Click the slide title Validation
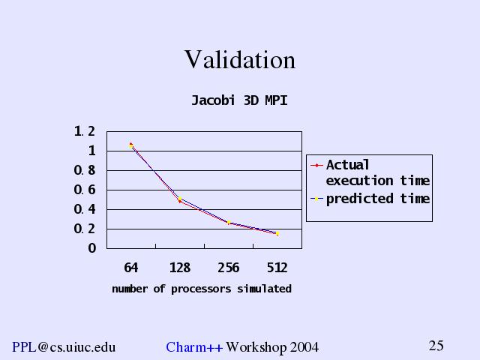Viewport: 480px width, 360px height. pyautogui.click(x=240, y=60)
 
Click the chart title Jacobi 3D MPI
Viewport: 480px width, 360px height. pyautogui.click(x=239, y=100)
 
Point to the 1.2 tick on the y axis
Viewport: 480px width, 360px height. pyautogui.click(x=85, y=132)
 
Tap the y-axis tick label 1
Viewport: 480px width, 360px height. pyautogui.click(x=91, y=151)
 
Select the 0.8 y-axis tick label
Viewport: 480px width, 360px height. pyautogui.click(x=85, y=170)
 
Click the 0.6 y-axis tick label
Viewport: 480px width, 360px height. pyautogui.click(x=85, y=190)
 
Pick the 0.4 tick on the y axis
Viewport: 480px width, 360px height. pyautogui.click(x=85, y=209)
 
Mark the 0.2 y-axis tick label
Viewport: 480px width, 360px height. pyautogui.click(x=85, y=229)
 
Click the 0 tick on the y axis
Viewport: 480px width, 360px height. pyautogui.click(x=91, y=248)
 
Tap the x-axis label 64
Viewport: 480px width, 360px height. pyautogui.click(x=131, y=268)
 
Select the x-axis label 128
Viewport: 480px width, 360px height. pyautogui.click(x=180, y=268)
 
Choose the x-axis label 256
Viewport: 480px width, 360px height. pyautogui.click(x=228, y=268)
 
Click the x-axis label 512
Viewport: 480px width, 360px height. pyautogui.click(x=277, y=268)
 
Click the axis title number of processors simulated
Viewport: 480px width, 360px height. pyautogui.click(x=201, y=289)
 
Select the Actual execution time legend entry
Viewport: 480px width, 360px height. pyautogui.click(x=377, y=172)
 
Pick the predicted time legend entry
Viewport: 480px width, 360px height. pyautogui.click(x=377, y=199)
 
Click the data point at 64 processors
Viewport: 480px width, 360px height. pyautogui.click(x=131, y=145)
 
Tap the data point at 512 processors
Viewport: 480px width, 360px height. pyautogui.click(x=277, y=233)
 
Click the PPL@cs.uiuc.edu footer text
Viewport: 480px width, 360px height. pyautogui.click(x=64, y=346)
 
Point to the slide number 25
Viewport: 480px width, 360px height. pyautogui.click(x=436, y=346)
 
